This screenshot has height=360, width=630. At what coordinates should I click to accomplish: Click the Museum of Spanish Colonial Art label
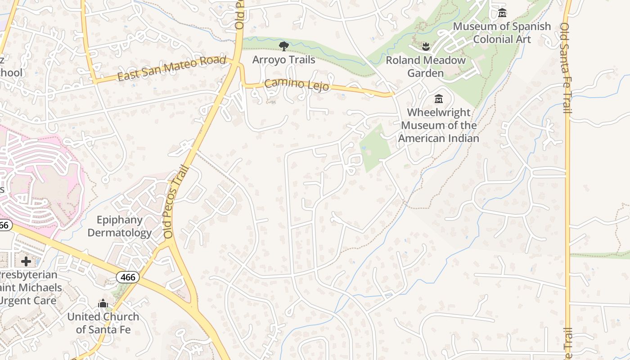pyautogui.click(x=502, y=33)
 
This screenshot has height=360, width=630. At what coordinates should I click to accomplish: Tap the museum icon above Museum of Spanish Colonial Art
pyautogui.click(x=502, y=13)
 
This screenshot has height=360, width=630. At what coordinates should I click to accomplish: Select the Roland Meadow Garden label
pyautogui.click(x=426, y=67)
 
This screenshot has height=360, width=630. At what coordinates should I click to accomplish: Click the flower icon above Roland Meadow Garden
pyautogui.click(x=425, y=46)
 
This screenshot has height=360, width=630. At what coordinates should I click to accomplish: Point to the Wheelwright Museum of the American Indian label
pyautogui.click(x=439, y=126)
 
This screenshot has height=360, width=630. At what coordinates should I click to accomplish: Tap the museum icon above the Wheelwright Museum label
pyautogui.click(x=439, y=99)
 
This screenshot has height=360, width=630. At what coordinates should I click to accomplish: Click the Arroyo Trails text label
pyautogui.click(x=283, y=59)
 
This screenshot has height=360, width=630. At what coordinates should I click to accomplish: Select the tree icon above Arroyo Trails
pyautogui.click(x=283, y=46)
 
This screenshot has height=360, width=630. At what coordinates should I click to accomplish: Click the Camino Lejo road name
pyautogui.click(x=297, y=84)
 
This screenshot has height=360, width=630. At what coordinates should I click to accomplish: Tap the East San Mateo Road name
pyautogui.click(x=171, y=68)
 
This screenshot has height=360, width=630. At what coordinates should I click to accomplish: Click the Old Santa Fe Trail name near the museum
pyautogui.click(x=566, y=67)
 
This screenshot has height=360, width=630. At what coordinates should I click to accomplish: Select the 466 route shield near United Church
pyautogui.click(x=128, y=277)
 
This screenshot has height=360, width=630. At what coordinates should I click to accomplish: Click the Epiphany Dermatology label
pyautogui.click(x=120, y=226)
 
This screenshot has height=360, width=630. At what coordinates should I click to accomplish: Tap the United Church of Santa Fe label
pyautogui.click(x=103, y=323)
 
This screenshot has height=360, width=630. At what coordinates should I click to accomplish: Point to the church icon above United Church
pyautogui.click(x=103, y=304)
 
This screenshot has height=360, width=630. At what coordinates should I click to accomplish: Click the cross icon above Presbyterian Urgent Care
pyautogui.click(x=26, y=261)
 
